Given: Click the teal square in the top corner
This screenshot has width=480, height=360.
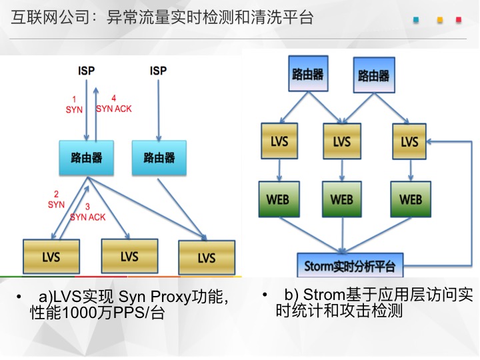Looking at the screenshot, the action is point(416,20).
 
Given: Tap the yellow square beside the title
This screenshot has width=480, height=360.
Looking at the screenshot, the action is point(440,20).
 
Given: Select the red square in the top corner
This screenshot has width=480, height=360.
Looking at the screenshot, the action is point(459,20).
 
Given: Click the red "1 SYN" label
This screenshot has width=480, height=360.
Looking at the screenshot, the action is point(74,105).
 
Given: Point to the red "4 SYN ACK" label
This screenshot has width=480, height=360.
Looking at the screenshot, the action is point(114,104).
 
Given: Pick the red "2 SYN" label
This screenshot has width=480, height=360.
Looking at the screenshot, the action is point(56,199).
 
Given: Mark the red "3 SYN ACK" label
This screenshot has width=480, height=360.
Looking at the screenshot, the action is point(87,212).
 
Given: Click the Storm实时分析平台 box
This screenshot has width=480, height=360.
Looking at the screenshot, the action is point(350,265).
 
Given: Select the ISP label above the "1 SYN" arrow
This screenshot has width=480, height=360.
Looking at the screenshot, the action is point(86,71).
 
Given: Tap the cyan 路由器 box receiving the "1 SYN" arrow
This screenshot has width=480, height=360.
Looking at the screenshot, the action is point(87,158).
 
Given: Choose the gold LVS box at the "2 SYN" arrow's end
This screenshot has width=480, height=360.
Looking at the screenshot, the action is point(51,257).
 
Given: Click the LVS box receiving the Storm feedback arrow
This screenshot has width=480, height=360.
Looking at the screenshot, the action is point(409,141).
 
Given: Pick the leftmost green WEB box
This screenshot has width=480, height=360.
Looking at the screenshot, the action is point(279,199).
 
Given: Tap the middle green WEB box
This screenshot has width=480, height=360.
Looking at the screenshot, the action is point(341,199).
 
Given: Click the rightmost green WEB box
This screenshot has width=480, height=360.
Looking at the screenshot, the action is point(411,199).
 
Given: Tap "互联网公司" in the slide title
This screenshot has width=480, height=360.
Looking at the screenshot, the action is point(50,17).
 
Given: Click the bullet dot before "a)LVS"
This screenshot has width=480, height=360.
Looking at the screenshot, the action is point(19,296).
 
